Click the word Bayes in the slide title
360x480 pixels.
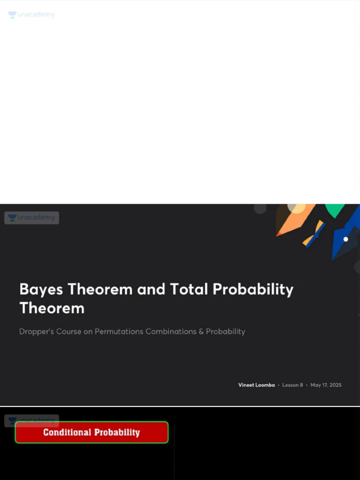tap(41, 289)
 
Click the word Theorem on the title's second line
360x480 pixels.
tap(52, 308)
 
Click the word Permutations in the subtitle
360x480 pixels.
tap(119, 331)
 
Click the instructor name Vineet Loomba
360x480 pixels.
tap(256, 385)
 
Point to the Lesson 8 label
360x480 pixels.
tap(292, 385)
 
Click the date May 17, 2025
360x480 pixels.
tap(326, 385)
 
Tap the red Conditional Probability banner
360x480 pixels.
tap(91, 432)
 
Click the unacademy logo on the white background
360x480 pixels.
tap(31, 15)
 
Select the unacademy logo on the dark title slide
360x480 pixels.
tap(31, 217)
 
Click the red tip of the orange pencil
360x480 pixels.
tap(278, 233)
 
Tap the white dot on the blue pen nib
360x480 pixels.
tap(346, 239)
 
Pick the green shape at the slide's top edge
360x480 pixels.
tap(335, 210)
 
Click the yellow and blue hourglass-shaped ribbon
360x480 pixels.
tap(314, 233)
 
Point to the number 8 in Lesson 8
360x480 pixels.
tap(301, 385)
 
